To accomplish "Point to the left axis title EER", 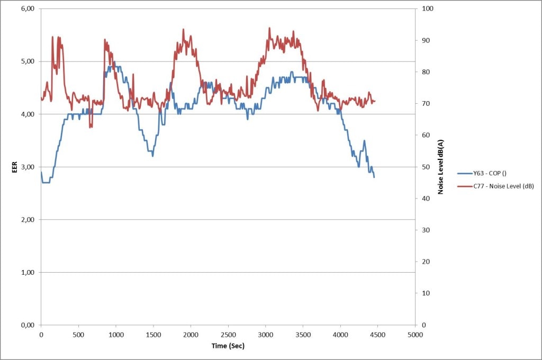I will point(15,167).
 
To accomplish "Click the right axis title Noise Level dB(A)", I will point(440,167).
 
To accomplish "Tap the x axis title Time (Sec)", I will point(228,346).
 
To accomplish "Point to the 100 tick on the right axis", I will point(427,9).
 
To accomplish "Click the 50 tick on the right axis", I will point(426,167).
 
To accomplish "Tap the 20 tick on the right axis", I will point(426,262).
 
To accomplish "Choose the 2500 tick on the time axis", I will point(228,335).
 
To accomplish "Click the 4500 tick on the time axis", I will point(378,335).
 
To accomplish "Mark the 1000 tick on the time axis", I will point(116,335).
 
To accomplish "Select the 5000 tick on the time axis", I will point(415,335).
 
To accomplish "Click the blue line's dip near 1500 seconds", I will point(153,156).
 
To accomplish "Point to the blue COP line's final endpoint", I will point(374,177).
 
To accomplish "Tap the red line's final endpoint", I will point(375,101).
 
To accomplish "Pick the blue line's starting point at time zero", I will point(41,173).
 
